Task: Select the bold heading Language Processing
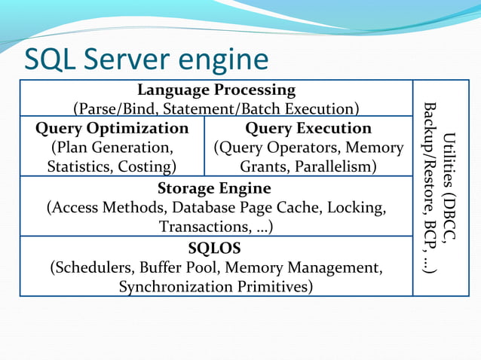click(x=216, y=90)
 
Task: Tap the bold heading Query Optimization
click(x=112, y=129)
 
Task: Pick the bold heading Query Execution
click(x=308, y=129)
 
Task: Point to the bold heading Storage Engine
click(x=214, y=188)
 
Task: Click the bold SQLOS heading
click(x=216, y=248)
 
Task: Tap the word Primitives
click(x=271, y=287)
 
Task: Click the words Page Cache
click(x=296, y=207)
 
